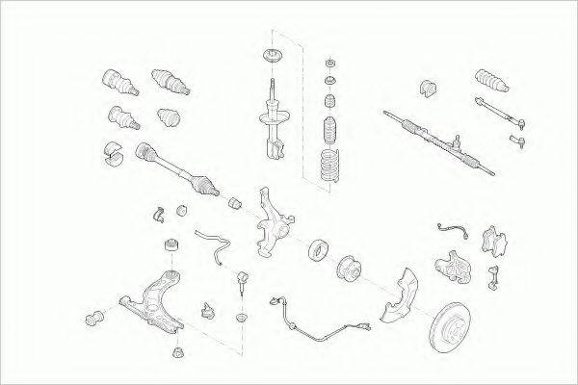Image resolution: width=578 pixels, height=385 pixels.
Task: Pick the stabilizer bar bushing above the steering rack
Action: [x=429, y=89]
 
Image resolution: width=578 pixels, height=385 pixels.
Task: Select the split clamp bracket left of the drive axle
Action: [x=112, y=154]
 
